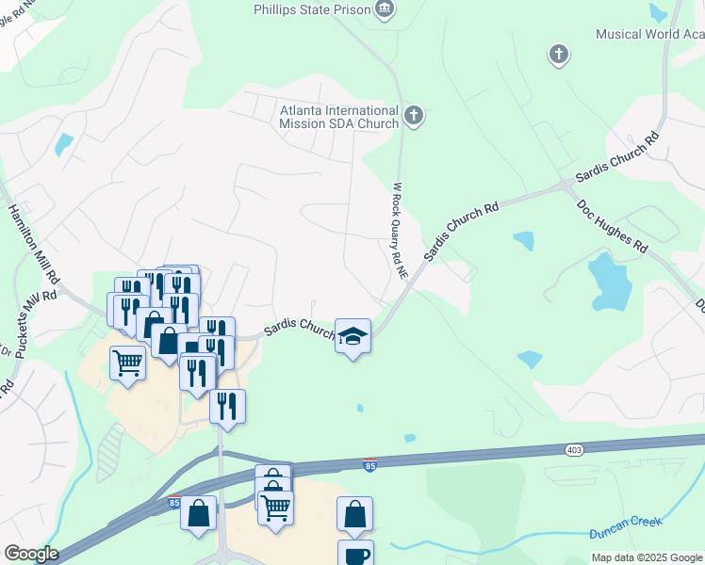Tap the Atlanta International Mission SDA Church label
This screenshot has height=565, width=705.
click(338, 117)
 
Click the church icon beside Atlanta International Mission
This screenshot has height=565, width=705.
click(413, 117)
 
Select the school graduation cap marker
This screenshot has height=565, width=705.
click(352, 336)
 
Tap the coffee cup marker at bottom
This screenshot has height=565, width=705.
click(355, 555)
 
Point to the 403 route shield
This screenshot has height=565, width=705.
click(574, 450)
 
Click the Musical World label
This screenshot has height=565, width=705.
click(649, 34)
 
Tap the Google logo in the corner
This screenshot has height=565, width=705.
click(31, 554)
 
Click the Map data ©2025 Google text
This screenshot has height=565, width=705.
click(647, 557)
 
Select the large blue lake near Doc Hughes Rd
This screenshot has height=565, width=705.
click(608, 282)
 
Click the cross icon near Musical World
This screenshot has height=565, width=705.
click(559, 55)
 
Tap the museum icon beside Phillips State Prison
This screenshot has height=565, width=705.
click(384, 10)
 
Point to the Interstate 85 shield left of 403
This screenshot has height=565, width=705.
click(369, 465)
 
